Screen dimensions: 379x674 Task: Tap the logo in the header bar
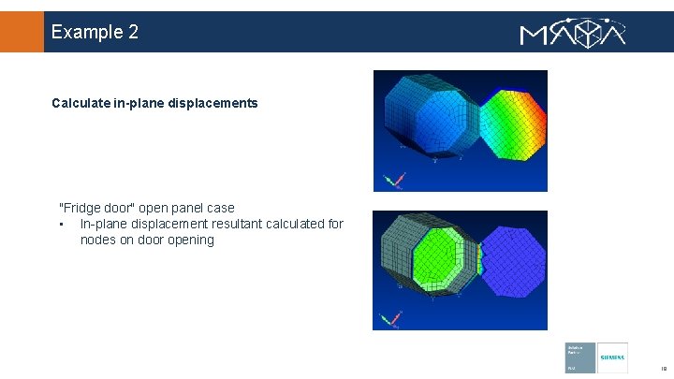click(572, 33)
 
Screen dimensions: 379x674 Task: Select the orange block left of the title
click(22, 32)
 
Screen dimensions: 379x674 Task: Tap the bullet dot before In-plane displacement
click(60, 225)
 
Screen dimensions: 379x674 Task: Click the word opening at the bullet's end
click(191, 240)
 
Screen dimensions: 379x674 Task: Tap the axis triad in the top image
click(394, 179)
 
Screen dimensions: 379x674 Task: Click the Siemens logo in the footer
click(612, 357)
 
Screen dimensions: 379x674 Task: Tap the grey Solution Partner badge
click(579, 357)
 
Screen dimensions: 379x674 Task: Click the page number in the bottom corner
click(661, 369)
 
